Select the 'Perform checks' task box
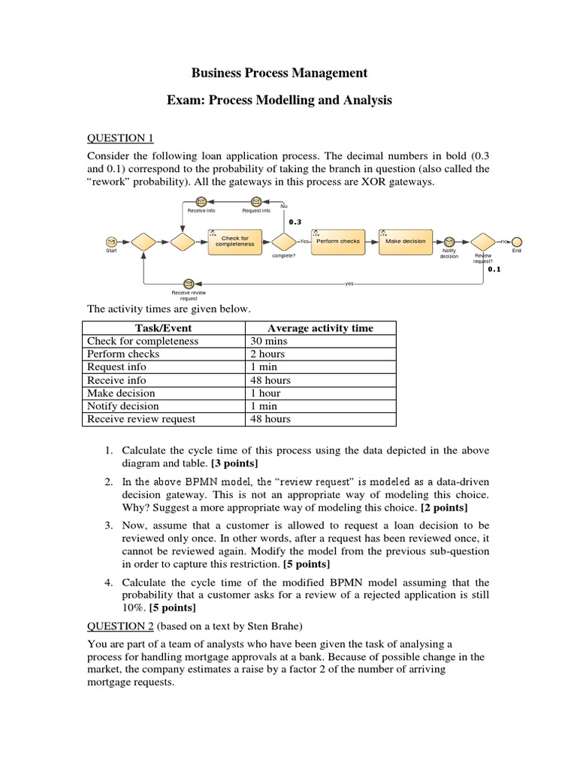click(337, 242)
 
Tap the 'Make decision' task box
click(406, 242)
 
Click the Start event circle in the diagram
click(111, 241)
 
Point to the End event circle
click(517, 241)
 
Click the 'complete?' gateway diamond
click(284, 242)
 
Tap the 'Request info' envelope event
click(256, 202)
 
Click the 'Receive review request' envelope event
click(189, 283)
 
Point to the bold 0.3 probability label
click(295, 222)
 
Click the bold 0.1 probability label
click(494, 269)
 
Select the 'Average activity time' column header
click(320, 328)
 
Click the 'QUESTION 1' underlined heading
click(120, 137)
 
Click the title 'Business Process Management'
click(279, 73)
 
